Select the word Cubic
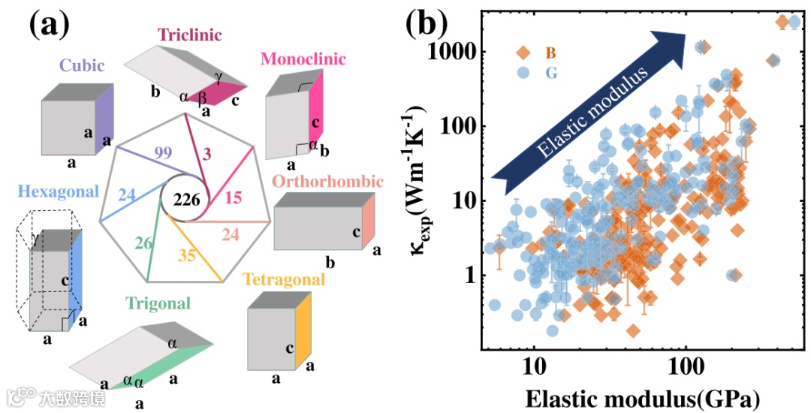(82, 65)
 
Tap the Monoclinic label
(303, 59)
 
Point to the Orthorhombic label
(327, 182)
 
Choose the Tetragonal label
(285, 279)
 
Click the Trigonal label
(158, 303)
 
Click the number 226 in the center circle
(185, 200)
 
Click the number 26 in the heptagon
(143, 243)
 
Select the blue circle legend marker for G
(523, 73)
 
